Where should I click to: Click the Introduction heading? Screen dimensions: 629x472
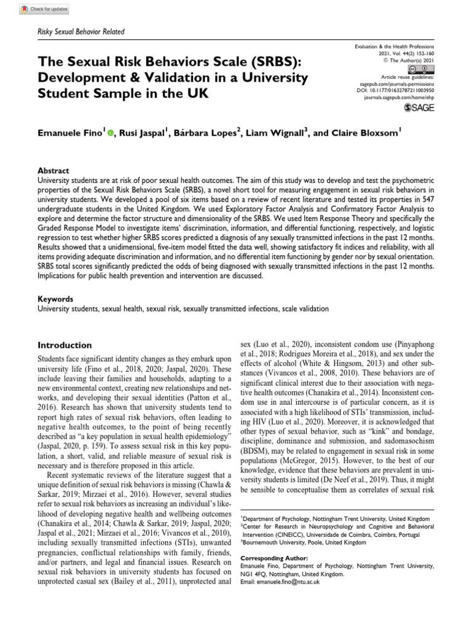65,345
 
